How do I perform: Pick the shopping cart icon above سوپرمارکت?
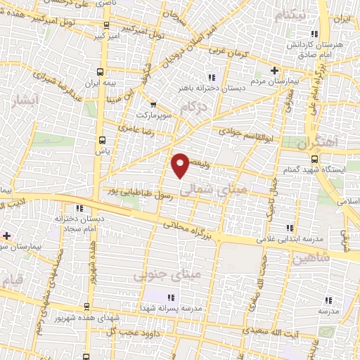click(153, 105)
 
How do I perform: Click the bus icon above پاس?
click(103, 139)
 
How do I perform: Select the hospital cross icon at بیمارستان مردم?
click(275, 70)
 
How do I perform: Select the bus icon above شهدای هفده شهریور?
click(86, 307)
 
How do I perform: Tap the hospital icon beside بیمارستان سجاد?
click(6, 236)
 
